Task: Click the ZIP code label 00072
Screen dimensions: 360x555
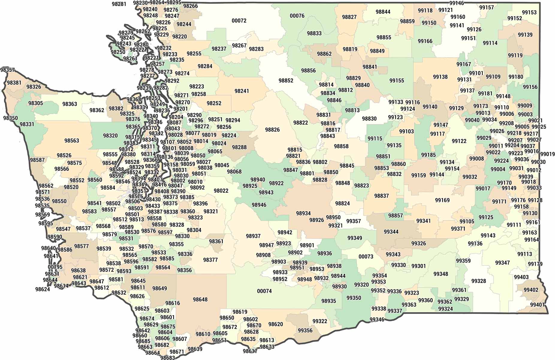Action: coord(239,21)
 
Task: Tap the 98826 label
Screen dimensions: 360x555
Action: coord(272,130)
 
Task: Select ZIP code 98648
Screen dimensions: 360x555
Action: coord(200,299)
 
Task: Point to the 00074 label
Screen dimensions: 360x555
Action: coord(264,291)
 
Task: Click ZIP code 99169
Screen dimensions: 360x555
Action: coord(442,200)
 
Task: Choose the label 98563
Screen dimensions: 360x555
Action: coord(72,140)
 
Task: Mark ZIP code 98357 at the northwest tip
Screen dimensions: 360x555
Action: coord(7,70)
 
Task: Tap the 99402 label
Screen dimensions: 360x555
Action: coord(531,290)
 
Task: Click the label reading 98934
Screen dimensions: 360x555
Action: coord(303,213)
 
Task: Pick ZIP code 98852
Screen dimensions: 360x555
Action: coord(286,80)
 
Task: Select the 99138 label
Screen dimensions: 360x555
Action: coord(440,77)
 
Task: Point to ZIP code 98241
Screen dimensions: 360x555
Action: coord(242,91)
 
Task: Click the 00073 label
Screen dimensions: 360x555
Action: coord(366,256)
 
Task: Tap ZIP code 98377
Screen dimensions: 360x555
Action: coord(210,260)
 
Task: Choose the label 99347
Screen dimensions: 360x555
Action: coord(502,263)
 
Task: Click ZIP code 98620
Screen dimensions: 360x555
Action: coord(275,324)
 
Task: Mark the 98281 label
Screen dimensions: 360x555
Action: coord(119,4)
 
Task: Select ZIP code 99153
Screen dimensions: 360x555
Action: coord(529,12)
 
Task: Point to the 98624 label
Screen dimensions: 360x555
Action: coord(43,289)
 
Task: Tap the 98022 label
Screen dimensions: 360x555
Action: coord(221,190)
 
